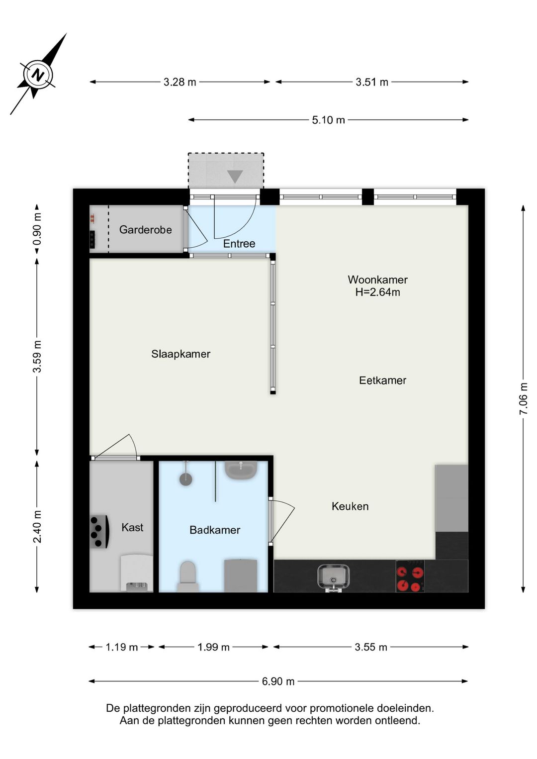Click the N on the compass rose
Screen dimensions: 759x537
click(x=37, y=76)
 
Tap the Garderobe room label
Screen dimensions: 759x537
click(x=145, y=230)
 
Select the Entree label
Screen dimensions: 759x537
click(x=239, y=244)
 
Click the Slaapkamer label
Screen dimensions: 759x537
click(x=180, y=354)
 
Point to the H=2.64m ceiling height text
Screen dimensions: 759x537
click(x=377, y=292)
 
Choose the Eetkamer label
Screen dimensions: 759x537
click(x=382, y=380)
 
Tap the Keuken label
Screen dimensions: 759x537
click(x=350, y=506)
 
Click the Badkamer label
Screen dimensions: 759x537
click(x=214, y=530)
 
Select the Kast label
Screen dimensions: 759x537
click(x=132, y=527)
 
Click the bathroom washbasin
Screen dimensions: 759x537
click(x=241, y=469)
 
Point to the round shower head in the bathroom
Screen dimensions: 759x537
click(x=185, y=479)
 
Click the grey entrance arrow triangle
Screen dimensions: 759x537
click(x=235, y=176)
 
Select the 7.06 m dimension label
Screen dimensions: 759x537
click(x=523, y=398)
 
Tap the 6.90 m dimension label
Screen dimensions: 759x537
click(x=278, y=681)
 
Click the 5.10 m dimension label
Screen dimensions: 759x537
click(x=328, y=120)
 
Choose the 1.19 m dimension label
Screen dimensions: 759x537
click(x=121, y=647)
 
